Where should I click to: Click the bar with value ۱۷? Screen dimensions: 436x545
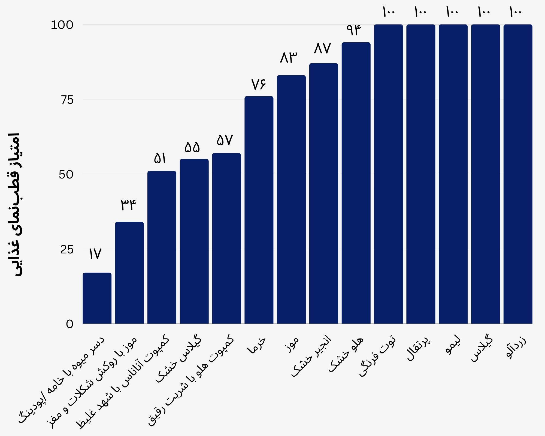pyautogui.click(x=97, y=298)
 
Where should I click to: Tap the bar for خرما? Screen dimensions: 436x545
pyautogui.click(x=259, y=210)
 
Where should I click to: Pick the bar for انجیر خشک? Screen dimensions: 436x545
pyautogui.click(x=324, y=193)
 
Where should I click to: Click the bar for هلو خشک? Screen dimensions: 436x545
pyautogui.click(x=356, y=183)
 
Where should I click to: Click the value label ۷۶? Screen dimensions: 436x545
pyautogui.click(x=258, y=84)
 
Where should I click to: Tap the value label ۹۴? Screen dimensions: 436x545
pyautogui.click(x=354, y=30)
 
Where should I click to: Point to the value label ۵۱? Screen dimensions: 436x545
pyautogui.click(x=160, y=158)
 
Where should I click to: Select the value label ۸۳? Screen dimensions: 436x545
pyautogui.click(x=289, y=58)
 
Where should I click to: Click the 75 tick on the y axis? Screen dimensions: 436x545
pyautogui.click(x=67, y=100)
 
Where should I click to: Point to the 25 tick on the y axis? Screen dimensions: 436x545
pyautogui.click(x=67, y=249)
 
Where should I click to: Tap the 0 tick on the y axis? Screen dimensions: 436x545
pyautogui.click(x=70, y=324)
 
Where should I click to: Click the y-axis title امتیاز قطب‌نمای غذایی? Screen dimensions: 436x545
pyautogui.click(x=14, y=204)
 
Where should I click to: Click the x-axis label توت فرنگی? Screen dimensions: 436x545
pyautogui.click(x=378, y=356)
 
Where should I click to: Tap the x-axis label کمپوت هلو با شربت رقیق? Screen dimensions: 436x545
pyautogui.click(x=191, y=380)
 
